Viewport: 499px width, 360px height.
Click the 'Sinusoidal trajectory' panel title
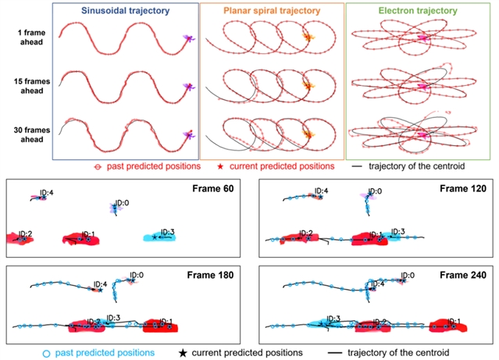[126, 10]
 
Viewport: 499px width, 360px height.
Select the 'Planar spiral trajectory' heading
[272, 10]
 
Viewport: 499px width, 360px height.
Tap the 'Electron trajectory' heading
[418, 10]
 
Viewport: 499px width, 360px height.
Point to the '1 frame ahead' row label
[31, 37]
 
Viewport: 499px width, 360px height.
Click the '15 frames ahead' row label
[32, 86]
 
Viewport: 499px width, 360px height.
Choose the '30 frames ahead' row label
[32, 134]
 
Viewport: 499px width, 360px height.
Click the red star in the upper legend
[220, 166]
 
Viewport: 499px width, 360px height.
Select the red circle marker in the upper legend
[98, 167]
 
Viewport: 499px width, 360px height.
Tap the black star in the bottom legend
[183, 353]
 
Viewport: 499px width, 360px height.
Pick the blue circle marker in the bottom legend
[46, 353]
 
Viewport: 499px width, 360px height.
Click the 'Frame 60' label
[213, 189]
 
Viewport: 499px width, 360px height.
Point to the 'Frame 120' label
[463, 189]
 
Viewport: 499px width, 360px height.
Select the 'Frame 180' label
[210, 275]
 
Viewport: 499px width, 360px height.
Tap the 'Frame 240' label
[463, 275]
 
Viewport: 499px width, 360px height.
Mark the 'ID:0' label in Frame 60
[122, 203]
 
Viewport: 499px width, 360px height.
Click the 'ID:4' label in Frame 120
[321, 191]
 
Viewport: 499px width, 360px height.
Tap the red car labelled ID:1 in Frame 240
[448, 326]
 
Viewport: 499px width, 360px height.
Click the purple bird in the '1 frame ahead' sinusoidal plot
[189, 38]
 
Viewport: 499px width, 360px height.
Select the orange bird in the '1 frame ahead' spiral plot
[308, 37]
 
